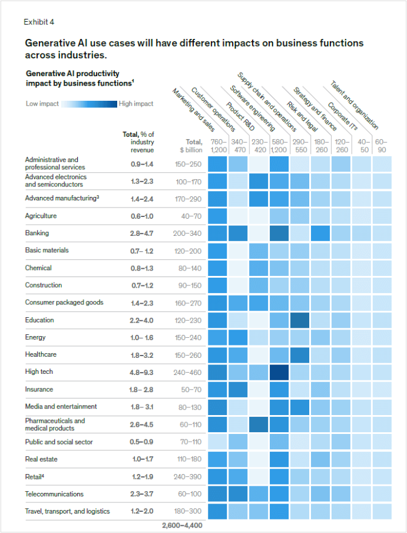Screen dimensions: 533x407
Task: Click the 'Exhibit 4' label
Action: (39, 22)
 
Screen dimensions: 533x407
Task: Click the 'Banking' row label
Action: (37, 233)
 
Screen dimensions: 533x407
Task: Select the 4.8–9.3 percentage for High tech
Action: (142, 372)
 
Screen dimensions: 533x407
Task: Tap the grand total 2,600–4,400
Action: (182, 524)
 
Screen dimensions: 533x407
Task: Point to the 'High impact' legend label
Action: (136, 104)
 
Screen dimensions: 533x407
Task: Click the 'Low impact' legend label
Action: (42, 104)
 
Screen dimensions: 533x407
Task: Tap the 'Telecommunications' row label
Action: (54, 494)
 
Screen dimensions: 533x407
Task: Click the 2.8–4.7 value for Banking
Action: (142, 233)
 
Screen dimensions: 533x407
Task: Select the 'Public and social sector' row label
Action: (58, 442)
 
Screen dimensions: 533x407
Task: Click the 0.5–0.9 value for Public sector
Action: (142, 442)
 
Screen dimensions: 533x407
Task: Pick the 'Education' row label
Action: (39, 320)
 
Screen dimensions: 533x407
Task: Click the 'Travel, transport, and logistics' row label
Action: (67, 511)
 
